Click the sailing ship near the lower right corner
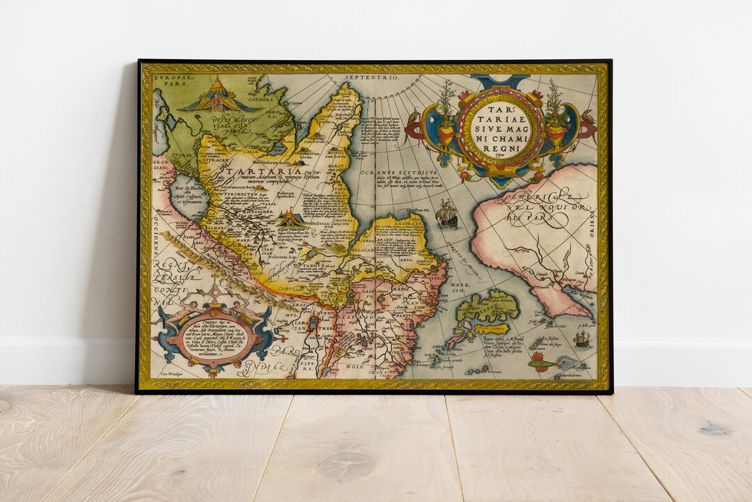coord(582,339)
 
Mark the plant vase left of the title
coord(446,118)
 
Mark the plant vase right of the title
coord(555,118)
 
